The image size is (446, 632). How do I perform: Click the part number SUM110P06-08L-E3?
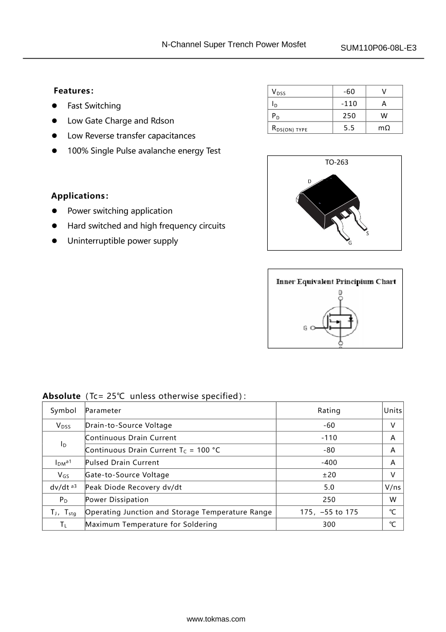[x=378, y=48]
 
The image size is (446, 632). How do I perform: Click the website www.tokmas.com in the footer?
[x=216, y=619]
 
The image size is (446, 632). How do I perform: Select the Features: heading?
[x=73, y=91]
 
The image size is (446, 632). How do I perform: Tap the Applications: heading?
[x=80, y=196]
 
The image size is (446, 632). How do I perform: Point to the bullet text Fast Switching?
[x=94, y=106]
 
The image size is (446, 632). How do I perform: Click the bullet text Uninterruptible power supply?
[x=123, y=241]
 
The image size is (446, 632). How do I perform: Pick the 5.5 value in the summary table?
[x=349, y=128]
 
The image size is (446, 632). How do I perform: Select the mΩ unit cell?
[x=384, y=128]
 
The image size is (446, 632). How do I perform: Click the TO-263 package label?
[x=336, y=162]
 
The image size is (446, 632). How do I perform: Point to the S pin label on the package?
[x=367, y=234]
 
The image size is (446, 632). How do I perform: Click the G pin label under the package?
[x=350, y=243]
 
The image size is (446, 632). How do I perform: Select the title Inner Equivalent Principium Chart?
[x=336, y=282]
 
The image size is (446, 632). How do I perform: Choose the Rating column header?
[x=329, y=411]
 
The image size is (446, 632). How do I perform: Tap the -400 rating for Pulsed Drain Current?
[x=329, y=463]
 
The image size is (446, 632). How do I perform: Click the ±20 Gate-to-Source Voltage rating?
[x=329, y=475]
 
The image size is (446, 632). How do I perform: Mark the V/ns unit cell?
[x=393, y=487]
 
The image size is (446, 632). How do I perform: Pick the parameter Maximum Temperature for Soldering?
[x=151, y=524]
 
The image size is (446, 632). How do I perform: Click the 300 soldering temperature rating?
[x=329, y=524]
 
